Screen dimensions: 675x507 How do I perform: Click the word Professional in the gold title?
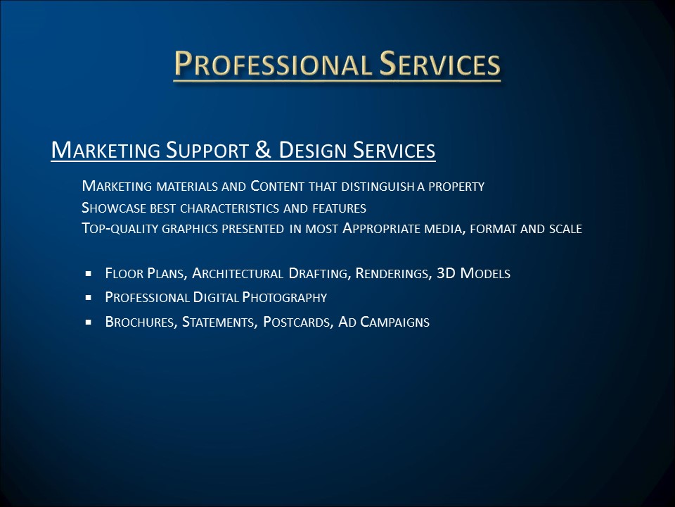(x=272, y=64)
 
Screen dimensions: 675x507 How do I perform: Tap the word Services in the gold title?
(x=439, y=64)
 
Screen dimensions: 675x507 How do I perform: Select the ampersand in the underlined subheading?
(x=262, y=149)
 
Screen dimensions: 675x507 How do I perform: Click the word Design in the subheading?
(x=312, y=150)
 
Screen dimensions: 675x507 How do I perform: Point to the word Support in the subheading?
(x=207, y=150)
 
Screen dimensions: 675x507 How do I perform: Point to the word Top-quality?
(x=120, y=228)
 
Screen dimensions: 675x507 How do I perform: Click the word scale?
(x=565, y=228)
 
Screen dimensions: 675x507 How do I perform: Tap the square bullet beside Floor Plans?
(x=89, y=273)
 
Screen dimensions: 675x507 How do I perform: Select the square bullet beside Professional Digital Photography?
(x=89, y=297)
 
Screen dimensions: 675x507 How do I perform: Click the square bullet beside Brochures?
(x=89, y=322)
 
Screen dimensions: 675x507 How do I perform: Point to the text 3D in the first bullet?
(x=446, y=273)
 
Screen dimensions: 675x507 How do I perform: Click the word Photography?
(x=285, y=297)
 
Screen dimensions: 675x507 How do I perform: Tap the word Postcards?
(x=296, y=322)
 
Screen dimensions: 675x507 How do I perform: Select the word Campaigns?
(x=394, y=322)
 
